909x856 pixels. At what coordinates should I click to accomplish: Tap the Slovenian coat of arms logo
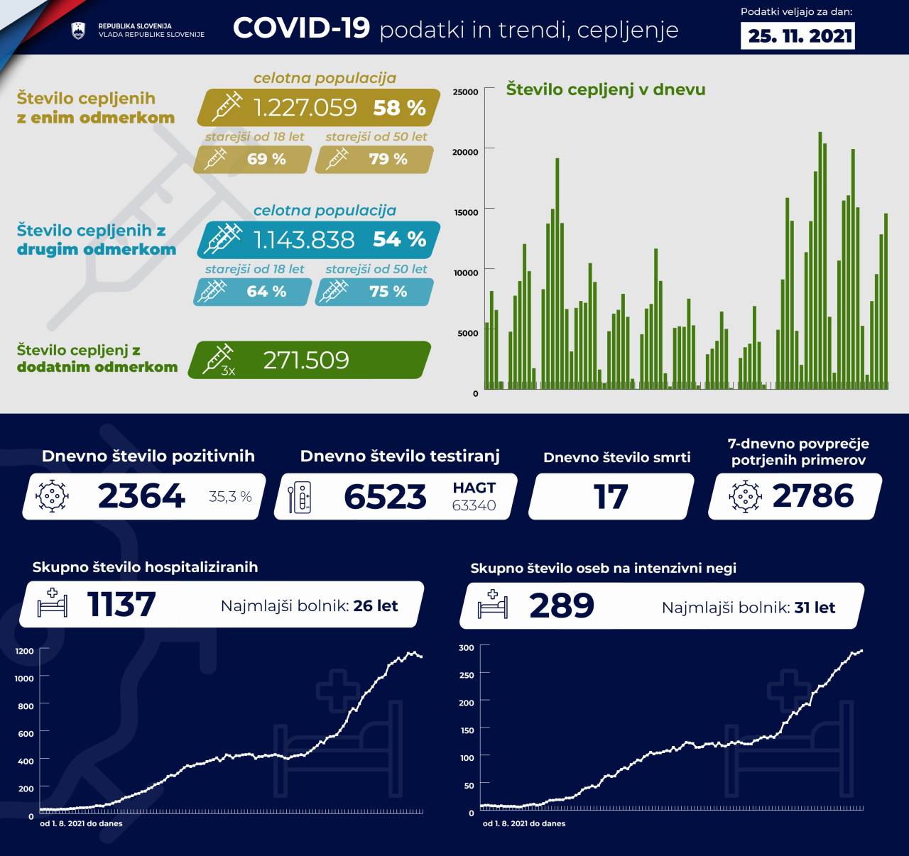pos(78,31)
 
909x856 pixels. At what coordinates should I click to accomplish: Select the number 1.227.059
pos(305,107)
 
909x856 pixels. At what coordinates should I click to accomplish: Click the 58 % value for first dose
pos(399,108)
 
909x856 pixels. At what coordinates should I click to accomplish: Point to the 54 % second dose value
pos(399,239)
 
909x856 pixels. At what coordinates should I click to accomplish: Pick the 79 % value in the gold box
pos(388,159)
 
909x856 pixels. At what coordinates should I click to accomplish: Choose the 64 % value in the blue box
pos(266,292)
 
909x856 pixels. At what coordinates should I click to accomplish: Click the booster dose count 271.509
pos(306,361)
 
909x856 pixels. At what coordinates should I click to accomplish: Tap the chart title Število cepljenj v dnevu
pos(606,89)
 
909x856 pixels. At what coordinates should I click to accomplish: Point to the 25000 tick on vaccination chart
pos(465,92)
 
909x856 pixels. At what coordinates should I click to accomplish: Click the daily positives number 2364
pos(141,496)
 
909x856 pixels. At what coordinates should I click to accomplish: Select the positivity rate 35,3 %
pos(230,497)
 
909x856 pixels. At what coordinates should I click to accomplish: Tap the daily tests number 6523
pos(385,497)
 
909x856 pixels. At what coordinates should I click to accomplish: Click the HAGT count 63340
pos(474,505)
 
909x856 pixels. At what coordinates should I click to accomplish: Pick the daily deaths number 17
pos(611,497)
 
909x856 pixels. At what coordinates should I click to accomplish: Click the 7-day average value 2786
pos(812,496)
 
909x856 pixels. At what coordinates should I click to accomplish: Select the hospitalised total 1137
pos(121,605)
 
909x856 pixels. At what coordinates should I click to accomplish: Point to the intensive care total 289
pos(561,605)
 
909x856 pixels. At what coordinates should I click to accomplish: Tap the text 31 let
pos(815,608)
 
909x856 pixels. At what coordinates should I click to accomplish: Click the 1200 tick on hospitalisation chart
pos(24,651)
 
